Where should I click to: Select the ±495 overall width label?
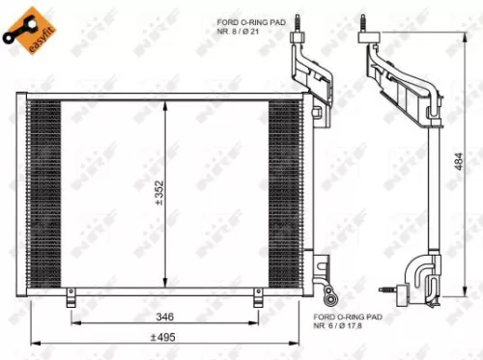[162, 338]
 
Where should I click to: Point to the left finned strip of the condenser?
[45, 193]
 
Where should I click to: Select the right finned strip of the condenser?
[284, 193]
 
